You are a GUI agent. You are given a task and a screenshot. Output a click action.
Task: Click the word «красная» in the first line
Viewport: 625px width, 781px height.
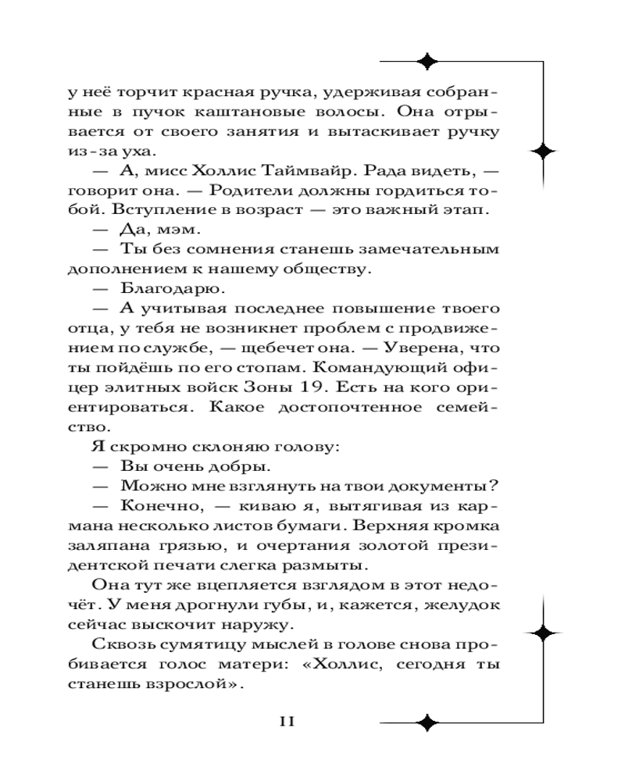point(218,91)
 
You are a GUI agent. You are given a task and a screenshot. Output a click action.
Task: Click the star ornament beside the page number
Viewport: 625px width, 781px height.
point(427,722)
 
